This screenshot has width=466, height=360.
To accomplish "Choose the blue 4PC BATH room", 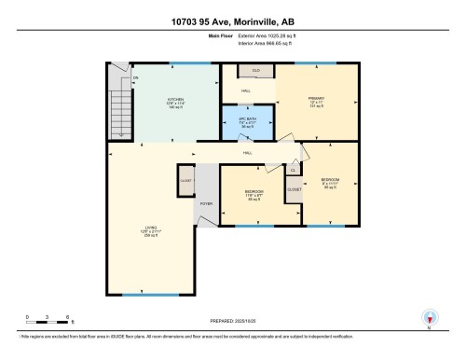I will click(248, 122).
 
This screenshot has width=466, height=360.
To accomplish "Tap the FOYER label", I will click(206, 202).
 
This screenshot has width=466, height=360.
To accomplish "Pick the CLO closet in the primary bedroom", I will click(255, 71).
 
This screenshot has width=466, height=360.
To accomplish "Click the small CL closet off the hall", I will click(292, 170).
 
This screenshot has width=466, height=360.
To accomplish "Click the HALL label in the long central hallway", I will click(248, 151).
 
